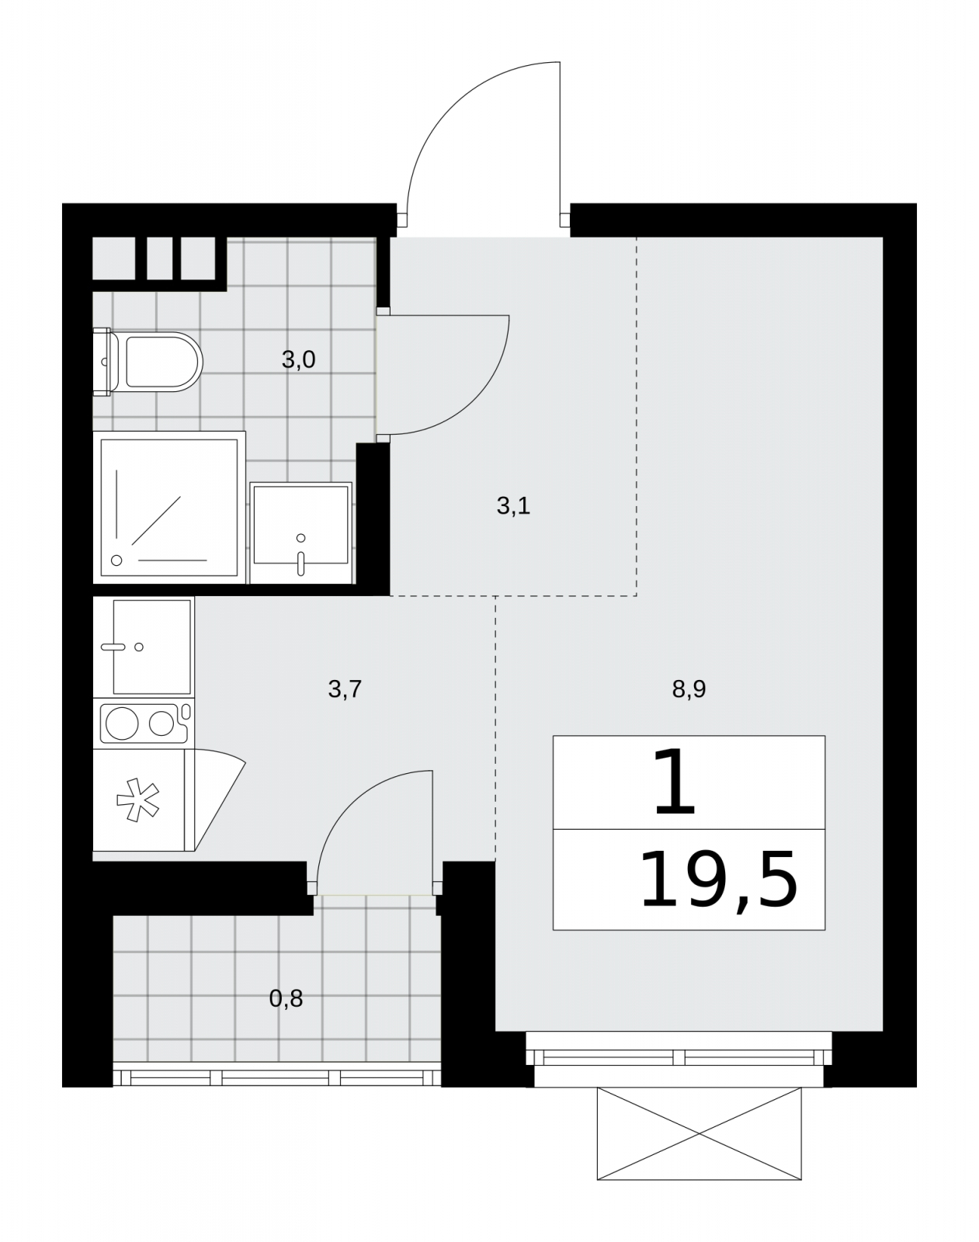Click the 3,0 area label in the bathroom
click(x=298, y=360)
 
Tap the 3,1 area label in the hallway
click(x=513, y=506)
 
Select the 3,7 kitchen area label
click(x=345, y=689)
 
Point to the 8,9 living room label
click(x=689, y=689)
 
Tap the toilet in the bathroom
click(x=148, y=362)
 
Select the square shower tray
click(x=169, y=508)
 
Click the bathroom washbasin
click(x=300, y=533)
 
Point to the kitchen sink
click(x=144, y=647)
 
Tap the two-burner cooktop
click(x=144, y=723)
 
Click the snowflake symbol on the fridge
click(x=138, y=800)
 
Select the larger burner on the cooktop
click(x=122, y=723)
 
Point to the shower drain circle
click(x=116, y=560)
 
